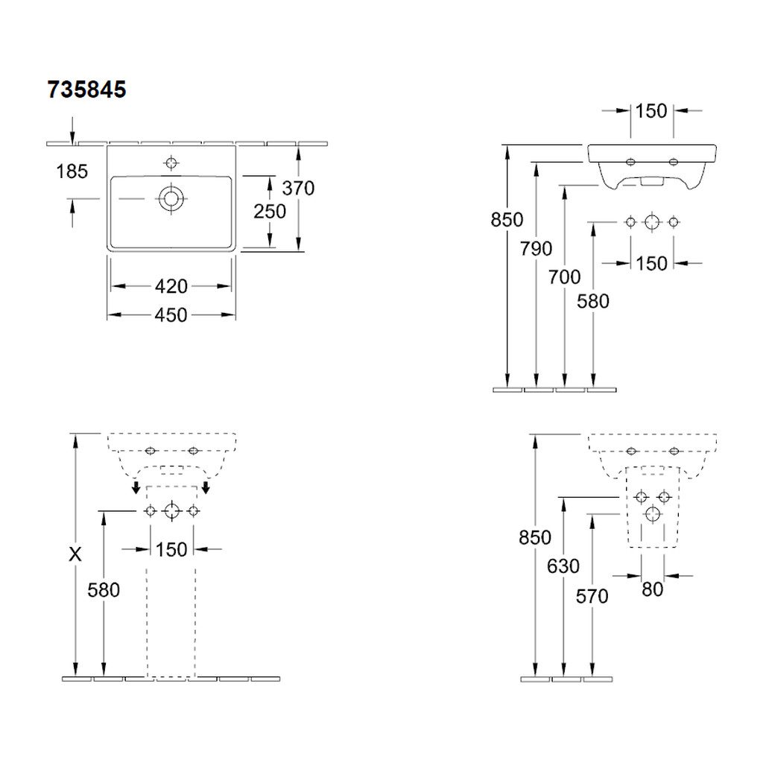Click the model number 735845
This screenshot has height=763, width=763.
[86, 89]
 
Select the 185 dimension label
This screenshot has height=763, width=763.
[72, 171]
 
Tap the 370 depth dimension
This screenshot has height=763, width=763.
[298, 188]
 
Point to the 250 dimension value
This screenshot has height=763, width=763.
[270, 211]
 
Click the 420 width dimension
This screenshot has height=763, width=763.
[171, 286]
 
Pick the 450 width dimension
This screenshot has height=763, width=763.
[171, 315]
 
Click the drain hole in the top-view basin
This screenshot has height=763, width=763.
[171, 198]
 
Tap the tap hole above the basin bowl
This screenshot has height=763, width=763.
[171, 162]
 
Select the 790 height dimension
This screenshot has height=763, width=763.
[536, 249]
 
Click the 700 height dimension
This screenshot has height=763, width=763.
[565, 277]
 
